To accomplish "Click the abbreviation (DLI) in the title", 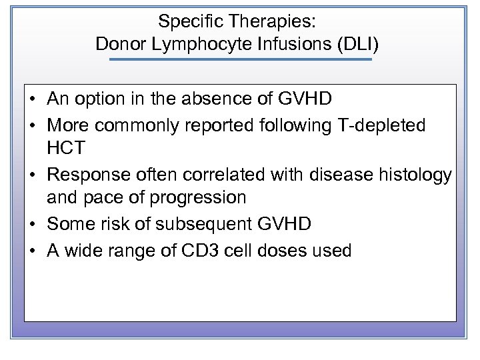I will point(357,44).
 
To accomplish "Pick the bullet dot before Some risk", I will point(33,224).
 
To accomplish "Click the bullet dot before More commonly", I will point(33,125).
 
